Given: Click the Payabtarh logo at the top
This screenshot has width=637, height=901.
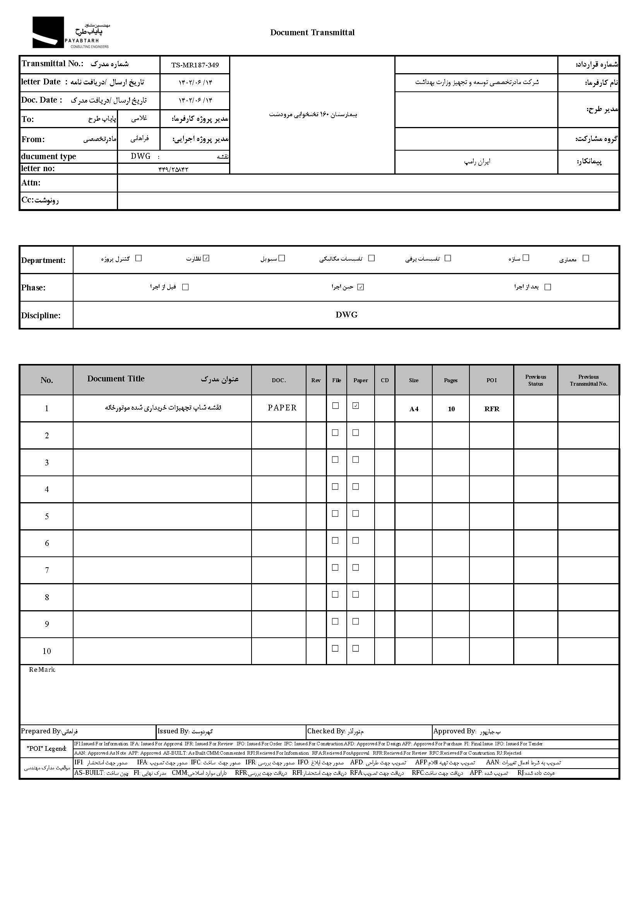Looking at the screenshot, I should click(x=70, y=33).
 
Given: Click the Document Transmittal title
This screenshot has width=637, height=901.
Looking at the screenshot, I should click(x=312, y=33).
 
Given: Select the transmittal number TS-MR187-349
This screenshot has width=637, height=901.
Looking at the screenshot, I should click(x=195, y=65).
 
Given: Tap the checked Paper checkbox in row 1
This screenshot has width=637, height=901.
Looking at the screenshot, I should click(x=356, y=406).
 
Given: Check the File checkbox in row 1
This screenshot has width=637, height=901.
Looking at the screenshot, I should click(x=336, y=406).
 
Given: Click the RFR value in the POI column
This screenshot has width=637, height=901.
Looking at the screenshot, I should click(x=491, y=409).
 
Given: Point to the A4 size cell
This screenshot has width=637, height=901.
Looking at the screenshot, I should click(x=414, y=409).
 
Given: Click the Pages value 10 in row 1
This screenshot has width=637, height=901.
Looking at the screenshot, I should click(x=451, y=409).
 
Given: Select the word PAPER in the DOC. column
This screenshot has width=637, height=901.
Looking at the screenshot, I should click(x=282, y=408).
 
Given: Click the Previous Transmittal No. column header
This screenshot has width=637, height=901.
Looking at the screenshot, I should click(x=588, y=380).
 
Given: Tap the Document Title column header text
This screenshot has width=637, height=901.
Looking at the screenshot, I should click(x=116, y=379).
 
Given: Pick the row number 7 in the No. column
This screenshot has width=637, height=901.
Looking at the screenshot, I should click(x=47, y=570).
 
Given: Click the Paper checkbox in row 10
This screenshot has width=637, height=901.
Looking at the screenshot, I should click(x=356, y=649).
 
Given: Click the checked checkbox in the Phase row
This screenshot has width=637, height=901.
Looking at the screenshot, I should click(x=361, y=287).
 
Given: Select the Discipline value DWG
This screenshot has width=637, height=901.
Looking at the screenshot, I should click(x=346, y=315).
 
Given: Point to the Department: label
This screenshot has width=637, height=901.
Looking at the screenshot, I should click(x=43, y=260).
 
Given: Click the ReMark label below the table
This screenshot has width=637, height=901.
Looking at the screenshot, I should click(x=42, y=670).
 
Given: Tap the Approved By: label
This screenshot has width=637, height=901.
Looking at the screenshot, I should click(x=454, y=731).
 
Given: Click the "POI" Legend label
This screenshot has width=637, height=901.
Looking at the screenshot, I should click(x=47, y=748).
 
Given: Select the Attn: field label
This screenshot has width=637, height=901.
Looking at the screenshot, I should click(x=31, y=183).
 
